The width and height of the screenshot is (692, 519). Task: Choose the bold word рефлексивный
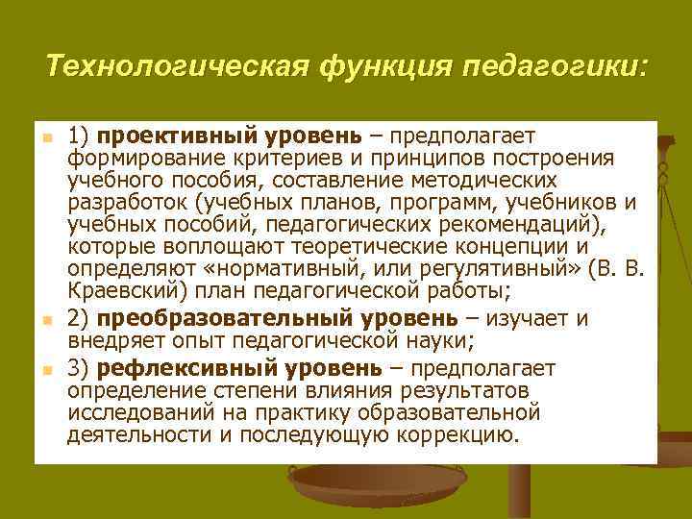click(x=172, y=368)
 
